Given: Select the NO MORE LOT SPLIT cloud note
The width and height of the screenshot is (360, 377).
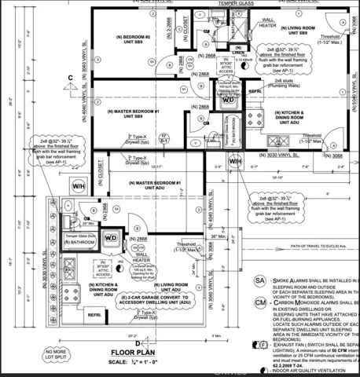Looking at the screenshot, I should coord(56,357).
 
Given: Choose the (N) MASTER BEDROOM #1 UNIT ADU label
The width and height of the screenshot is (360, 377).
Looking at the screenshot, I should coord(152,185).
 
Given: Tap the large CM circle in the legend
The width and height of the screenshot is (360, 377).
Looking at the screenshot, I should coord(259,302).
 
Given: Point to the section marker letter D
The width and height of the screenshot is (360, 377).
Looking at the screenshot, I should coord(138,342).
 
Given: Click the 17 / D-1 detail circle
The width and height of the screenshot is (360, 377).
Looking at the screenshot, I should coord(164,139).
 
